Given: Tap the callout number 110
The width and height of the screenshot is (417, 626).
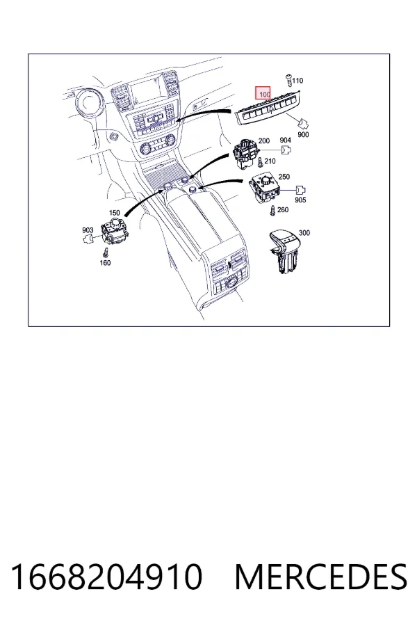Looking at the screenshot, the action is (297, 81).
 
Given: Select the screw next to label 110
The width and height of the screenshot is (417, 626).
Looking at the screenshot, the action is (289, 80).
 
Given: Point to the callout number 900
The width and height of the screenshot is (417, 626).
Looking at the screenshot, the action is (303, 134).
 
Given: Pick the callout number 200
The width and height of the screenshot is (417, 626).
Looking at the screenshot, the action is (264, 141).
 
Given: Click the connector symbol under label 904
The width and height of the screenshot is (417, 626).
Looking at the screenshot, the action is (286, 150).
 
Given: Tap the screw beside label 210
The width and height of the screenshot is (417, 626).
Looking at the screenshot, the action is (261, 162).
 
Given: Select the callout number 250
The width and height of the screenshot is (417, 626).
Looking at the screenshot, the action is (284, 177).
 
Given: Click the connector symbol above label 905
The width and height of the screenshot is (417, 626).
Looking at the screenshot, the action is (301, 190).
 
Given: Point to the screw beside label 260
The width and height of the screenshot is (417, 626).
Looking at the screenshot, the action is (273, 210).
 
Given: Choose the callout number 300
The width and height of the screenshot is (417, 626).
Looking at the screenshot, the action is (304, 233).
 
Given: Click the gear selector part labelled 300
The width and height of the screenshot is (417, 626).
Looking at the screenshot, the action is (284, 252).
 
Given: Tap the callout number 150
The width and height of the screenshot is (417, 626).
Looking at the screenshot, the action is (114, 213).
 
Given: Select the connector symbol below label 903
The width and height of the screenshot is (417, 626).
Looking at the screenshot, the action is (88, 239).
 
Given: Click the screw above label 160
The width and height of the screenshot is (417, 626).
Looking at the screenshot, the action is (106, 252).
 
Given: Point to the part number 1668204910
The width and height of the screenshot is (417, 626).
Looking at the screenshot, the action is (106, 577).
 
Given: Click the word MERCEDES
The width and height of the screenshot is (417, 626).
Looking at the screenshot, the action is (321, 577).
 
